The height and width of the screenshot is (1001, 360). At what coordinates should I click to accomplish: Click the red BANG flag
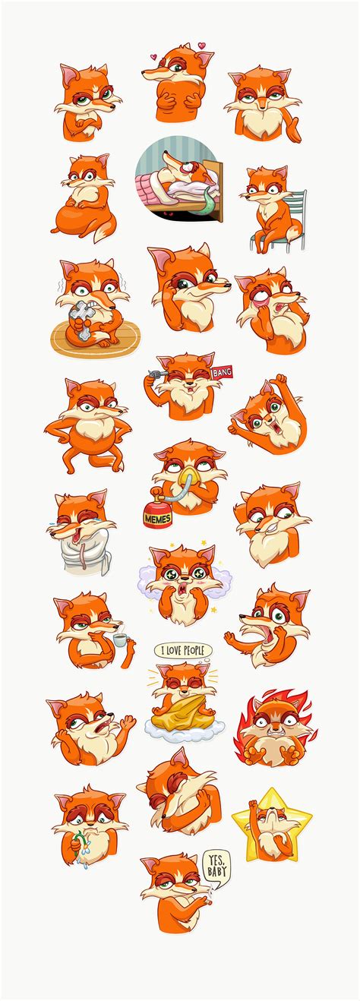click(223, 374)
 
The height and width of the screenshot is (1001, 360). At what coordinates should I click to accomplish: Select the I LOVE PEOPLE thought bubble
click(182, 650)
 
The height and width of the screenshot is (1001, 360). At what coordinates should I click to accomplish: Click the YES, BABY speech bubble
click(216, 867)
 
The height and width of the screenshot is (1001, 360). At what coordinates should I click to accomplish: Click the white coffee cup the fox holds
click(120, 640)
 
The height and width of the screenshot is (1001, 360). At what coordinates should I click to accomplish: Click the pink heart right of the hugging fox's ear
click(202, 46)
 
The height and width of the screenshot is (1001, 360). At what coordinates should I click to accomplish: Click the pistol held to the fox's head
click(156, 373)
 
